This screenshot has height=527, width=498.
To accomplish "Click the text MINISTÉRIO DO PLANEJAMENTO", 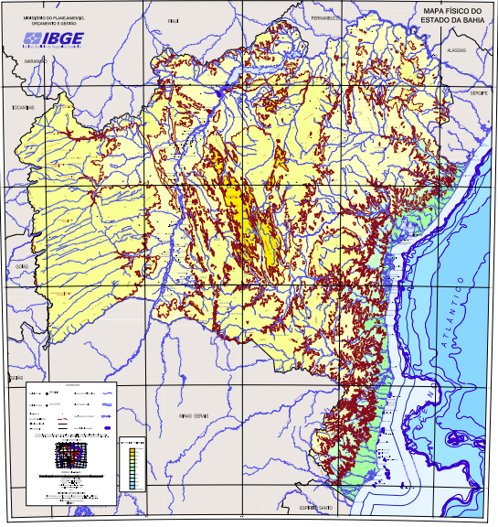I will [x=48, y=16].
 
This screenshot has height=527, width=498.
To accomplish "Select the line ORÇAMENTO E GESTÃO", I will [x=47, y=23].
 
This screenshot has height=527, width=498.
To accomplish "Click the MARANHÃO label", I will [x=35, y=61].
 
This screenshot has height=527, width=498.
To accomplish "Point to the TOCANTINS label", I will [x=22, y=107].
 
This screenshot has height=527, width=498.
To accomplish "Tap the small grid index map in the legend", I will [x=69, y=455].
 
